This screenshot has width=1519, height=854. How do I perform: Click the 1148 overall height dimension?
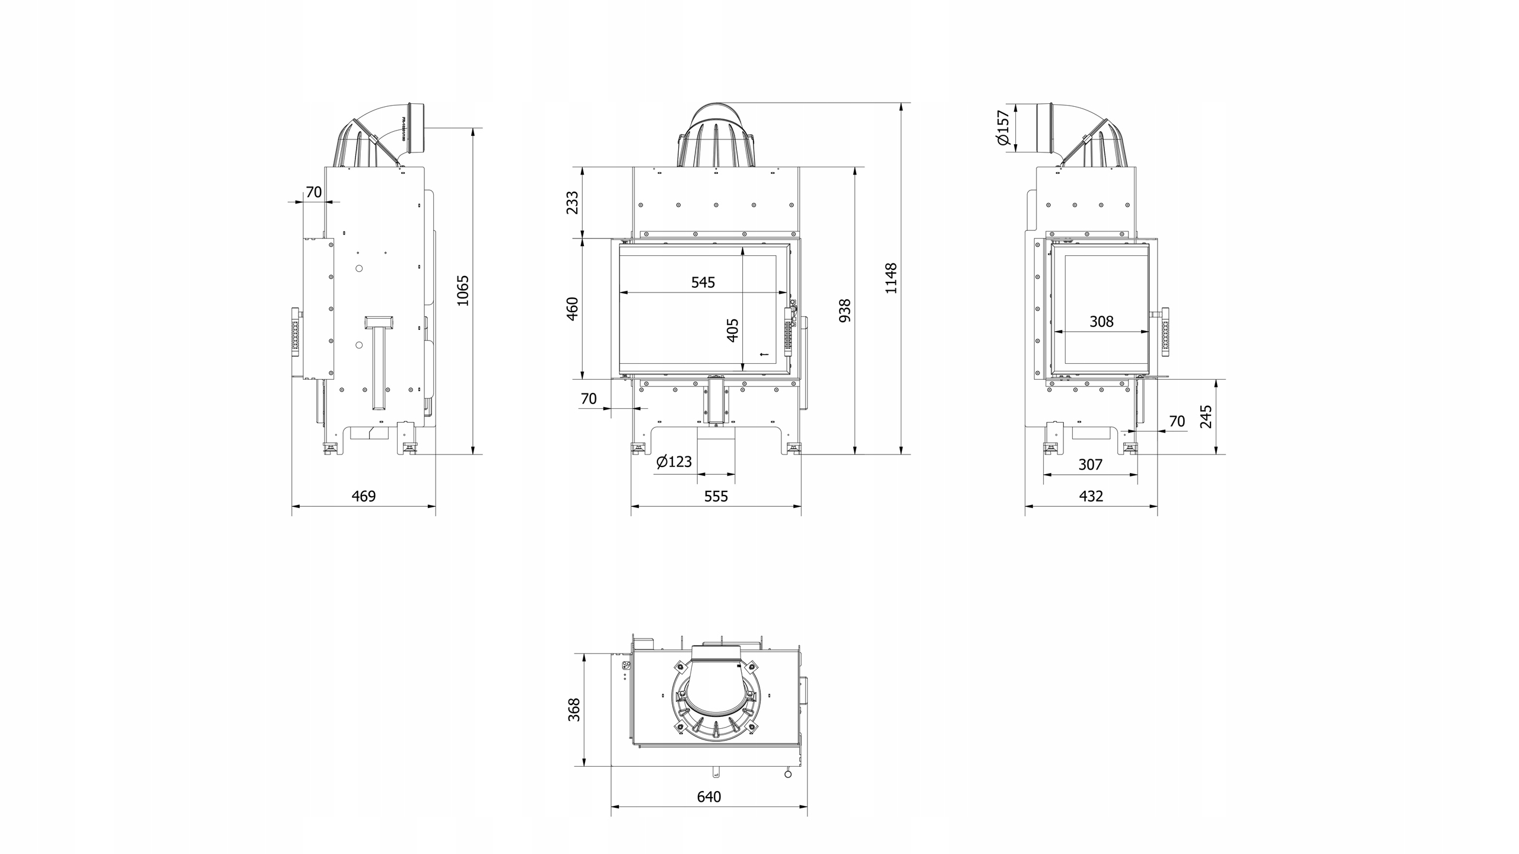pos(891,278)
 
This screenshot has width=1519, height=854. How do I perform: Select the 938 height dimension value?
pos(845,310)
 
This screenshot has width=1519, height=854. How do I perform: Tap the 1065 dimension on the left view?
pos(463,290)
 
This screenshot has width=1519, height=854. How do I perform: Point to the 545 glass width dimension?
pos(703,282)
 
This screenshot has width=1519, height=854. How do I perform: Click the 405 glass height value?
pos(733,330)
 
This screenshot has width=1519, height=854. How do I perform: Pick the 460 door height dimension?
pos(573,309)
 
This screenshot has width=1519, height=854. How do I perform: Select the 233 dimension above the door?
pos(573,202)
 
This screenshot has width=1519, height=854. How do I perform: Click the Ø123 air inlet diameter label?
pos(674,461)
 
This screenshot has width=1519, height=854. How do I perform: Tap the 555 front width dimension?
pos(716,496)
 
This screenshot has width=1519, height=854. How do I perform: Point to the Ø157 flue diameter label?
pos(1003,135)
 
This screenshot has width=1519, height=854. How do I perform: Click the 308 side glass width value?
pos(1101,322)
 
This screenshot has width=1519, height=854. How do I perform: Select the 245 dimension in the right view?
pos(1206,417)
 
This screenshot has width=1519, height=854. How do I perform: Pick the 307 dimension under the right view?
pos(1090,465)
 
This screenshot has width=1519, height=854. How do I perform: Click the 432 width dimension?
pos(1091,496)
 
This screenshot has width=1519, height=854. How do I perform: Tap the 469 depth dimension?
pos(364,496)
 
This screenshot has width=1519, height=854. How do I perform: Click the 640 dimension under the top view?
pos(709,796)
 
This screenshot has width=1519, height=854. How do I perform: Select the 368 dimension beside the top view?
pos(574,710)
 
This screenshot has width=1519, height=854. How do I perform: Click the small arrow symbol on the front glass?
pos(764,355)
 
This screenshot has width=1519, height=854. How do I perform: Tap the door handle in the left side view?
pos(295,332)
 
